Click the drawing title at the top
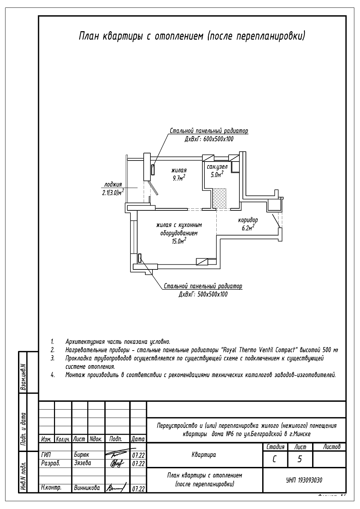(192, 36)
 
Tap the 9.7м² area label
(179, 177)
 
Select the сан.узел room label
(217, 167)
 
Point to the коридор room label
(248, 220)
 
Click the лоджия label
(113, 185)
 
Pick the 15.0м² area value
(179, 241)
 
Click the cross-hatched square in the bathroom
(219, 199)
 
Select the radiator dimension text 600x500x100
(209, 139)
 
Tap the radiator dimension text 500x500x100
(203, 294)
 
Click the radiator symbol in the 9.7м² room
(153, 170)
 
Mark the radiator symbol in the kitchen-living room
(140, 258)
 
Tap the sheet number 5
(300, 459)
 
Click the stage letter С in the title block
(274, 459)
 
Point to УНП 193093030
(304, 480)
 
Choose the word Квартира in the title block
(204, 455)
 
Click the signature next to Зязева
(118, 463)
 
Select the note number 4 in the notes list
(53, 375)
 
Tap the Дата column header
(138, 439)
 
